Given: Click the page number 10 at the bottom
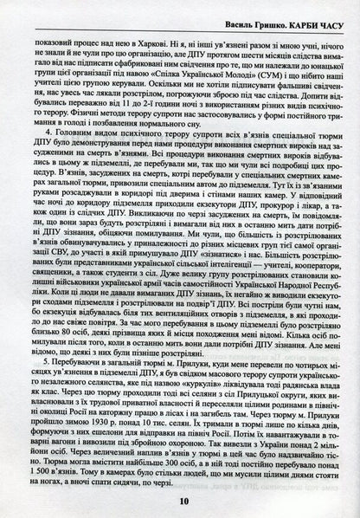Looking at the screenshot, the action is (x=181, y=500).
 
